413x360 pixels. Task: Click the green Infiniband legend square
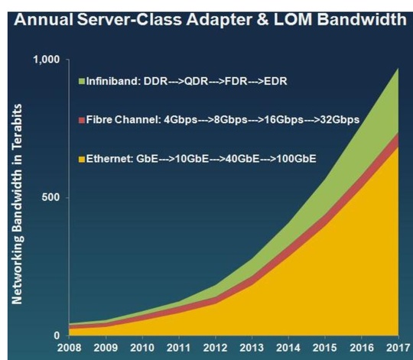81,80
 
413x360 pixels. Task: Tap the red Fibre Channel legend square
81,120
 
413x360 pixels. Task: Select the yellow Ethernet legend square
81,159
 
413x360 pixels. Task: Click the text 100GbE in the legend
296,159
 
